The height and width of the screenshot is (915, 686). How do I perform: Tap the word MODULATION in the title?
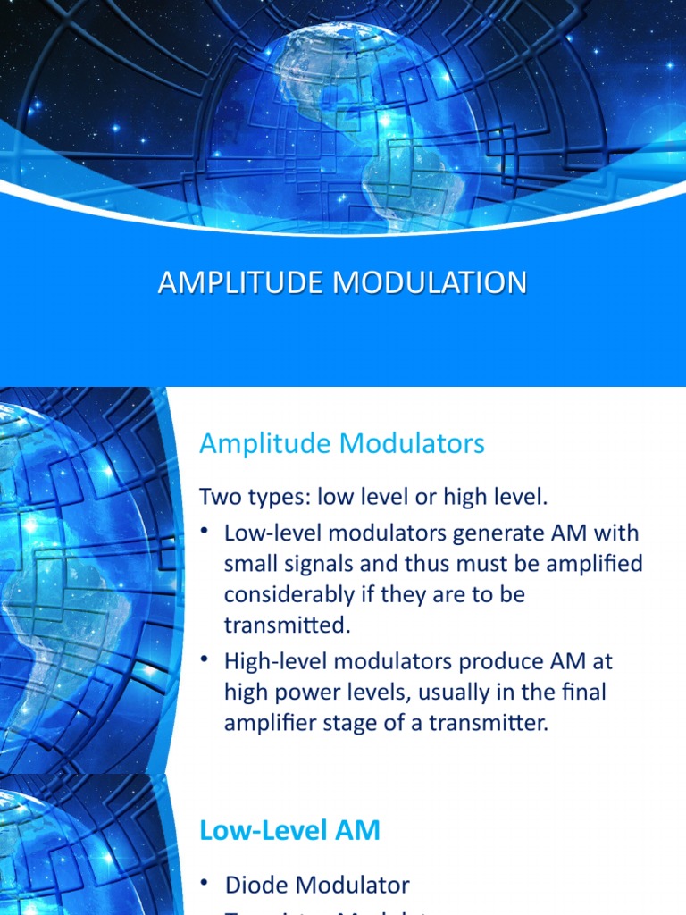coord(430,283)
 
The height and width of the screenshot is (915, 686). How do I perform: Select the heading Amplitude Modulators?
coord(342,443)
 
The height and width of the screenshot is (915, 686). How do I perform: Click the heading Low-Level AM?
coord(289,830)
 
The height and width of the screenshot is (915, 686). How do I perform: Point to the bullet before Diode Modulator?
coord(205,883)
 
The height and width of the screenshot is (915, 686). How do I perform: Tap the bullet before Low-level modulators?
coord(205,532)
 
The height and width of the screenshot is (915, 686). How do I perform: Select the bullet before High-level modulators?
coord(205,660)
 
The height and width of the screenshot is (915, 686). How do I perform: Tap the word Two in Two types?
coord(219,496)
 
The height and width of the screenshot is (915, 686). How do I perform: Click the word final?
coord(587,693)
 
